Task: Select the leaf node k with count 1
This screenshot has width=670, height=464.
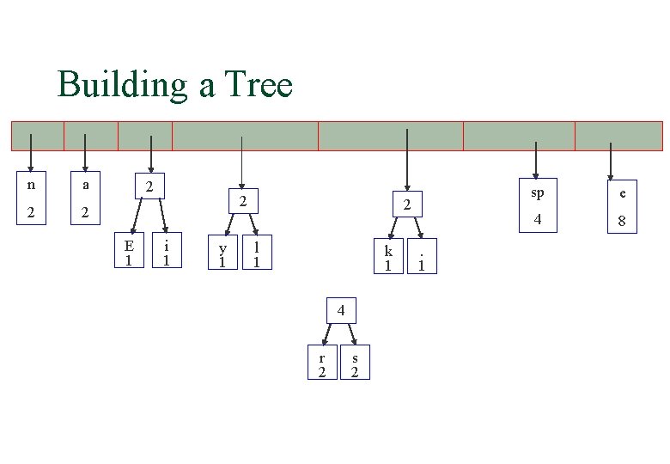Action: click(388, 257)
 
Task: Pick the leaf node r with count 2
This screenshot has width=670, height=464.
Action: click(322, 363)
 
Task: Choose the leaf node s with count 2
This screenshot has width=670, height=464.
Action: click(356, 363)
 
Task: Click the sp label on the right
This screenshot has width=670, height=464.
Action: click(538, 192)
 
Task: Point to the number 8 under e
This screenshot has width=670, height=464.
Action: click(622, 223)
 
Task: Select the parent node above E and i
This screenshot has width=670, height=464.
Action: click(149, 186)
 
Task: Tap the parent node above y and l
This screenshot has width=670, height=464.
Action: click(243, 203)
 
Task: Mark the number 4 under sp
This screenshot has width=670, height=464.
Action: click(539, 220)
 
